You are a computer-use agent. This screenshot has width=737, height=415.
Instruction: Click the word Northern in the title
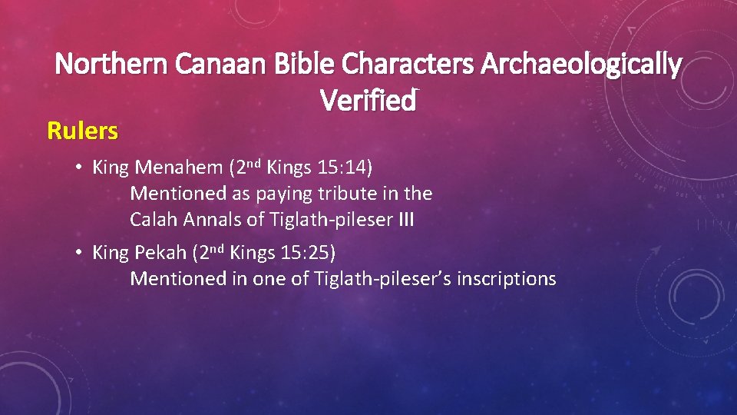click(x=112, y=65)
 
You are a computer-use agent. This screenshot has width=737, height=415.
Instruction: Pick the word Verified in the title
click(x=368, y=100)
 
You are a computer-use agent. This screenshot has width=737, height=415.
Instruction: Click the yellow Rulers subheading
click(x=83, y=131)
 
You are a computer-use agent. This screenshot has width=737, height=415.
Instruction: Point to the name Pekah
click(x=160, y=252)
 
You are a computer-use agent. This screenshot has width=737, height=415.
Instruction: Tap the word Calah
click(x=154, y=220)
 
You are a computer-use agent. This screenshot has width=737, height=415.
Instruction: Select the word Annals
click(x=216, y=220)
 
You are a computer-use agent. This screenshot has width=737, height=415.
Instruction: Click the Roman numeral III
click(x=405, y=220)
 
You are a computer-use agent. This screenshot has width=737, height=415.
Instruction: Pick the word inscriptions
click(x=506, y=278)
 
